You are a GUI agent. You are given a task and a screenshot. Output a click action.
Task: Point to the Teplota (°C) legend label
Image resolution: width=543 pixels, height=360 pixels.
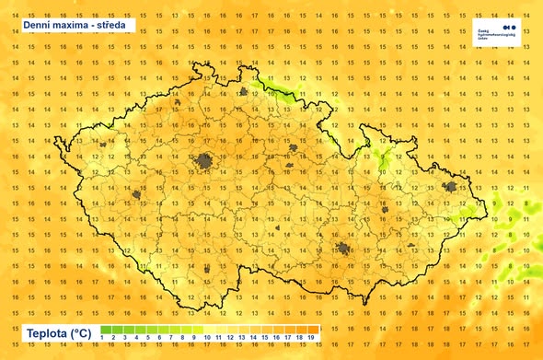point(58,332)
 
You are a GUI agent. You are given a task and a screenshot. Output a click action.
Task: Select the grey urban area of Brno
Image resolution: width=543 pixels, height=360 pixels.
point(343,250)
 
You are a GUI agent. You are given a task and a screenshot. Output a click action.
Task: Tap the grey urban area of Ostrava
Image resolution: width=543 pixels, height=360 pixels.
point(451,188)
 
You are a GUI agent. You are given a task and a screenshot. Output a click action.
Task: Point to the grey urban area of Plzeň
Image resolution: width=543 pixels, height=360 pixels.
point(137,195)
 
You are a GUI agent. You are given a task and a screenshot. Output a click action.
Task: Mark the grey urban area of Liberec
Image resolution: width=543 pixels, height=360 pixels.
point(244,92)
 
